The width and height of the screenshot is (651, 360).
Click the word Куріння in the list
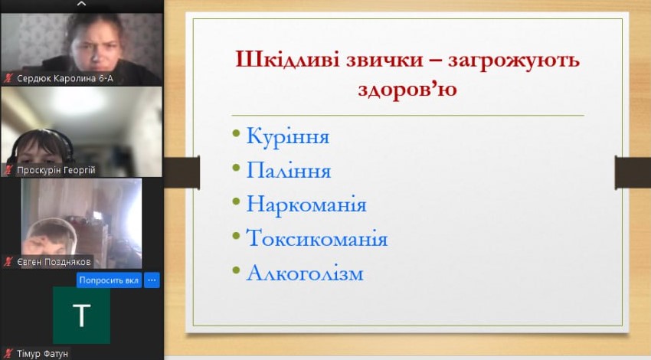288,136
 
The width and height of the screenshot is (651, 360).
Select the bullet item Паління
289,170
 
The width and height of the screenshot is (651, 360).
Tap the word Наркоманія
306,205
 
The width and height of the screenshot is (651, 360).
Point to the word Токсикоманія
317,238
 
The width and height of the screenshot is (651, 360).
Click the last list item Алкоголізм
305,273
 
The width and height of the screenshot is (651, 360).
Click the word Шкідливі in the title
288,60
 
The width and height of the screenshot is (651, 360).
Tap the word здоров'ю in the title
407,90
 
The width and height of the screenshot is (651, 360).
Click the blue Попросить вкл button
109,280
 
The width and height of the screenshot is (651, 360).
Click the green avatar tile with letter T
81,315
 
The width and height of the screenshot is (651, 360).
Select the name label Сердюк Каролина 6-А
65,78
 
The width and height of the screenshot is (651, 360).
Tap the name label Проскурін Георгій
56,170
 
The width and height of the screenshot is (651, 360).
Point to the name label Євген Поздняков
54,262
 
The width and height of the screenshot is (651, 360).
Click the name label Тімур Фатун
42,354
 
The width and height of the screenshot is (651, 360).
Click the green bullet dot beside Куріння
236,133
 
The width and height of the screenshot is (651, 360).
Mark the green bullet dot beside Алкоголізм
236,270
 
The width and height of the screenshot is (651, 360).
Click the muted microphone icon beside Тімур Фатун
8,354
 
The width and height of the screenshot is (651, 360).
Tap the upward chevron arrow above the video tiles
82,4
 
